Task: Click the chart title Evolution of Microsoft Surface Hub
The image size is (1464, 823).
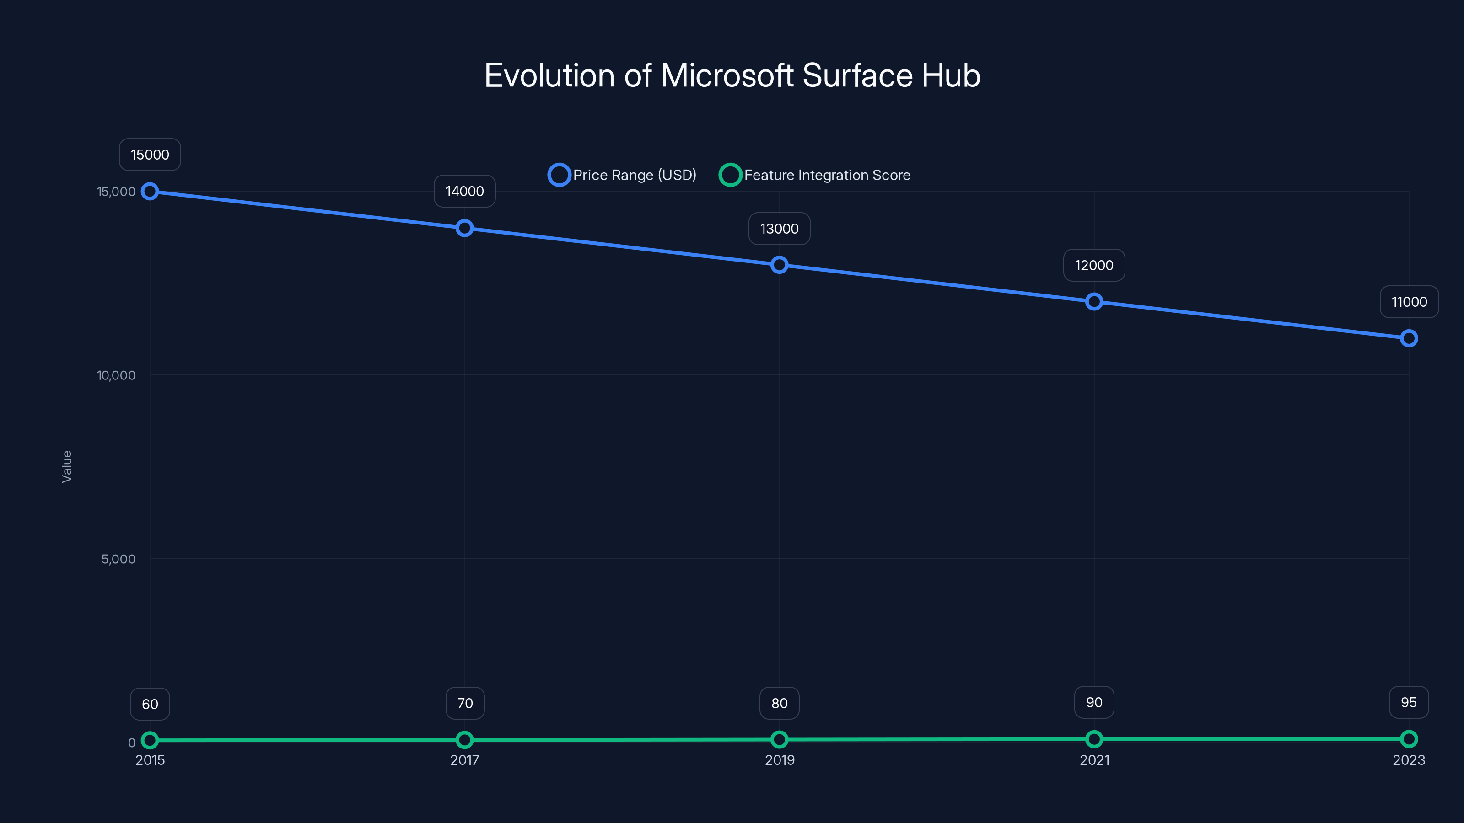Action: [732, 75]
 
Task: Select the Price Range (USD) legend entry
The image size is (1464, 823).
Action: [622, 175]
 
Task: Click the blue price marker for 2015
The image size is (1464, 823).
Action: [150, 192]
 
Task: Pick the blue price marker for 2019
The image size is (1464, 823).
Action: [779, 265]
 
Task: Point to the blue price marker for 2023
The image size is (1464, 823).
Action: [1408, 338]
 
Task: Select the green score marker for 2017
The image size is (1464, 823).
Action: [464, 739]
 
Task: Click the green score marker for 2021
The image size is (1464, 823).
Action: [1094, 739]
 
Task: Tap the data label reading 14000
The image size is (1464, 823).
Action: [464, 192]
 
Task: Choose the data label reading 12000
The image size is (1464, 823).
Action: [1094, 265]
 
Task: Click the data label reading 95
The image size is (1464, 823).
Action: [1408, 703]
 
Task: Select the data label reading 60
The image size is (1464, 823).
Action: [150, 704]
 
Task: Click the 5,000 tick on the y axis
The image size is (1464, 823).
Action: [118, 559]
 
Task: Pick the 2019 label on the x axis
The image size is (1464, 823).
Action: [779, 760]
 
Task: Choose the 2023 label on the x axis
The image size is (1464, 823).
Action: [1408, 760]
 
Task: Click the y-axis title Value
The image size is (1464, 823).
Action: [66, 466]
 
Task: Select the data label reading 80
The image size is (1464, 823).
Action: [779, 704]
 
